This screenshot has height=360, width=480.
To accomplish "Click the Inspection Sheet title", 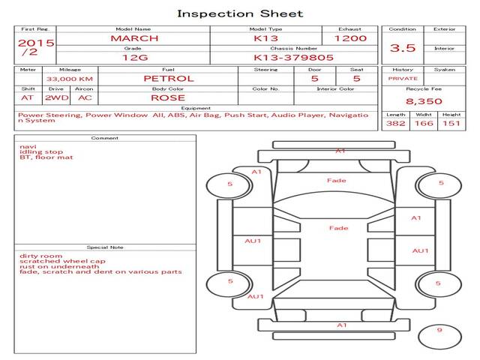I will (x=240, y=13).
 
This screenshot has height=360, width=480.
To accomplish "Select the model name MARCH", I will (x=134, y=37).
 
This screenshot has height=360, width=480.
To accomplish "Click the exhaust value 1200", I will (x=350, y=37).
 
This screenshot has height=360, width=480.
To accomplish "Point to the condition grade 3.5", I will (x=403, y=48).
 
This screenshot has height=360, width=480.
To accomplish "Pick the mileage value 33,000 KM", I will (x=70, y=79).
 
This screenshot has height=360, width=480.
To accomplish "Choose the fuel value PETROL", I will (x=169, y=78).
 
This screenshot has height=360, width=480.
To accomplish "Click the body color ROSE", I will (x=168, y=97).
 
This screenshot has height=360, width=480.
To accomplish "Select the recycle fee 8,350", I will (x=424, y=100).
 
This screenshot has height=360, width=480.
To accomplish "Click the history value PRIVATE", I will (x=403, y=78).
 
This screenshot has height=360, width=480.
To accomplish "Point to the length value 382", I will (x=395, y=124).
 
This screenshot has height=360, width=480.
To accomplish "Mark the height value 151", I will (x=451, y=124).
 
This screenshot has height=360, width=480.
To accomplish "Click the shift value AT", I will (x=28, y=97).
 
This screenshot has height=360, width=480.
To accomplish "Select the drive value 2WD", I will (x=53, y=97).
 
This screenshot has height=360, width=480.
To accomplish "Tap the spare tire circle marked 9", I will (x=439, y=331).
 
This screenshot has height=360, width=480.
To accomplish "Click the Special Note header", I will (x=105, y=247).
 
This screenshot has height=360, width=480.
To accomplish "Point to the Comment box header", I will (x=105, y=138).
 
